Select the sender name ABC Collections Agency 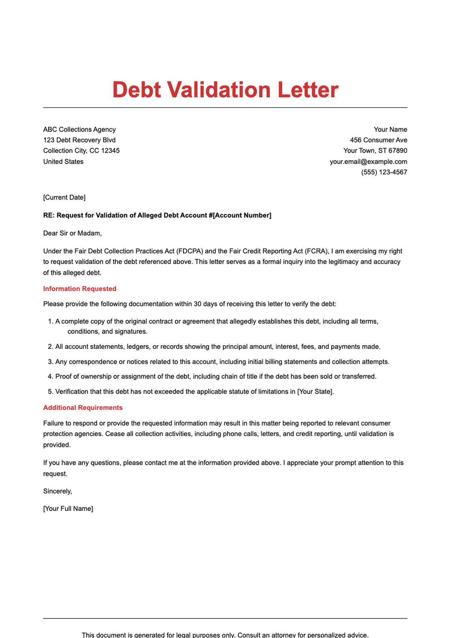(x=79, y=129)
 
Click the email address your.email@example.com (x=368, y=162)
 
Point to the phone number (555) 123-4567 (x=384, y=172)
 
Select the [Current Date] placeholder (x=64, y=197)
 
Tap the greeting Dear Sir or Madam (x=72, y=233)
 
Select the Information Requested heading (x=80, y=289)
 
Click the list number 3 (x=50, y=362)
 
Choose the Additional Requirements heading (x=83, y=408)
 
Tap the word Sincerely (x=57, y=491)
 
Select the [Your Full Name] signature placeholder (x=68, y=509)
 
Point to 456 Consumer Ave (x=378, y=140)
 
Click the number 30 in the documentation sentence (x=198, y=304)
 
